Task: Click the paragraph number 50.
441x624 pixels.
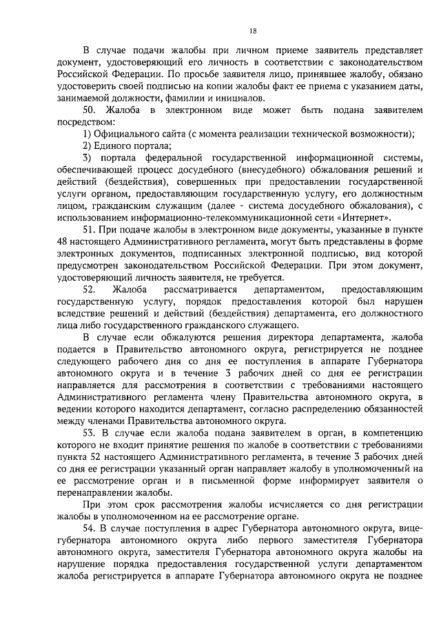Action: tap(90, 110)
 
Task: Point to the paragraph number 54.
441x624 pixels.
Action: tap(90, 527)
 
